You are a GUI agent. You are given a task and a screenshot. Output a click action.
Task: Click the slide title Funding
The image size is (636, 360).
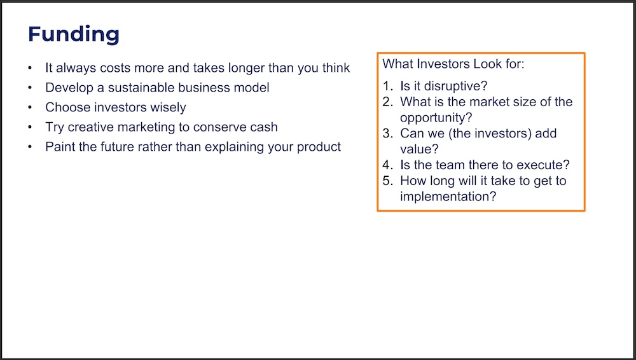73,34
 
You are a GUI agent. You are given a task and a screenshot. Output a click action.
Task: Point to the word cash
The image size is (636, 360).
264,127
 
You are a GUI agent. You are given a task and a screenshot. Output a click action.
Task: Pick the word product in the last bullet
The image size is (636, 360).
319,147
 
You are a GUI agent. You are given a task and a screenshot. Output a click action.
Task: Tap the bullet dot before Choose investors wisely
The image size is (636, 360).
30,107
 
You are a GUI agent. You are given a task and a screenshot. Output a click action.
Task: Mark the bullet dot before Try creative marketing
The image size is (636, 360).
30,127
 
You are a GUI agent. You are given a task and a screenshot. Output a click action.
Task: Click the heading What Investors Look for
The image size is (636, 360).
453,64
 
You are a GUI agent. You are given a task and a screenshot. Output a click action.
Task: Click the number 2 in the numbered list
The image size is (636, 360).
387,102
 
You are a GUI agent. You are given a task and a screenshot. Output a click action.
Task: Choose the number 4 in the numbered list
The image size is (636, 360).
387,165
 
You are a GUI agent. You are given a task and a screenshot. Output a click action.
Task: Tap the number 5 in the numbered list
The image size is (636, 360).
387,181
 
